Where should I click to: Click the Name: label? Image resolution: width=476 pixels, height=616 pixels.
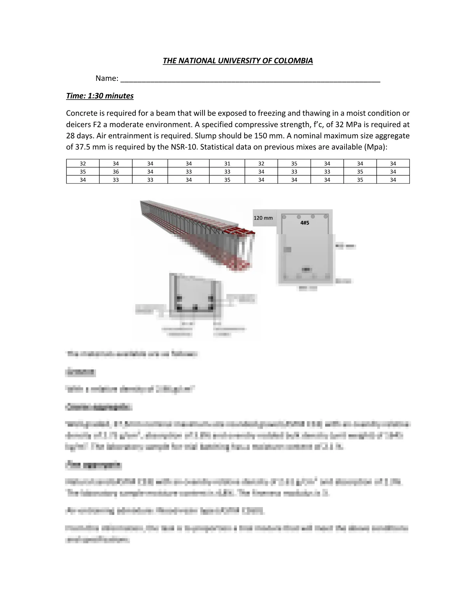107,79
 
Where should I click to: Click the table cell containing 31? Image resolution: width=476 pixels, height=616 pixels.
227,164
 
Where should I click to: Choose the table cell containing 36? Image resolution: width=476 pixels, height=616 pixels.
116,172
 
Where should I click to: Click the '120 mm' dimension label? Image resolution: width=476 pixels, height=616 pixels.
263,218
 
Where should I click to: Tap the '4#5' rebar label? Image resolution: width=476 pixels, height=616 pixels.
305,223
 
